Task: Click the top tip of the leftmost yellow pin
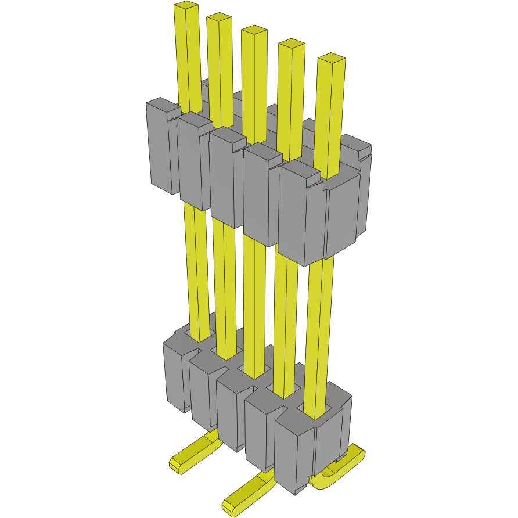[x=186, y=7]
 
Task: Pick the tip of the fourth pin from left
[x=292, y=45]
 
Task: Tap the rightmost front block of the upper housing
[x=302, y=215]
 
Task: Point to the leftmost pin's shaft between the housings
[x=196, y=267]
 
